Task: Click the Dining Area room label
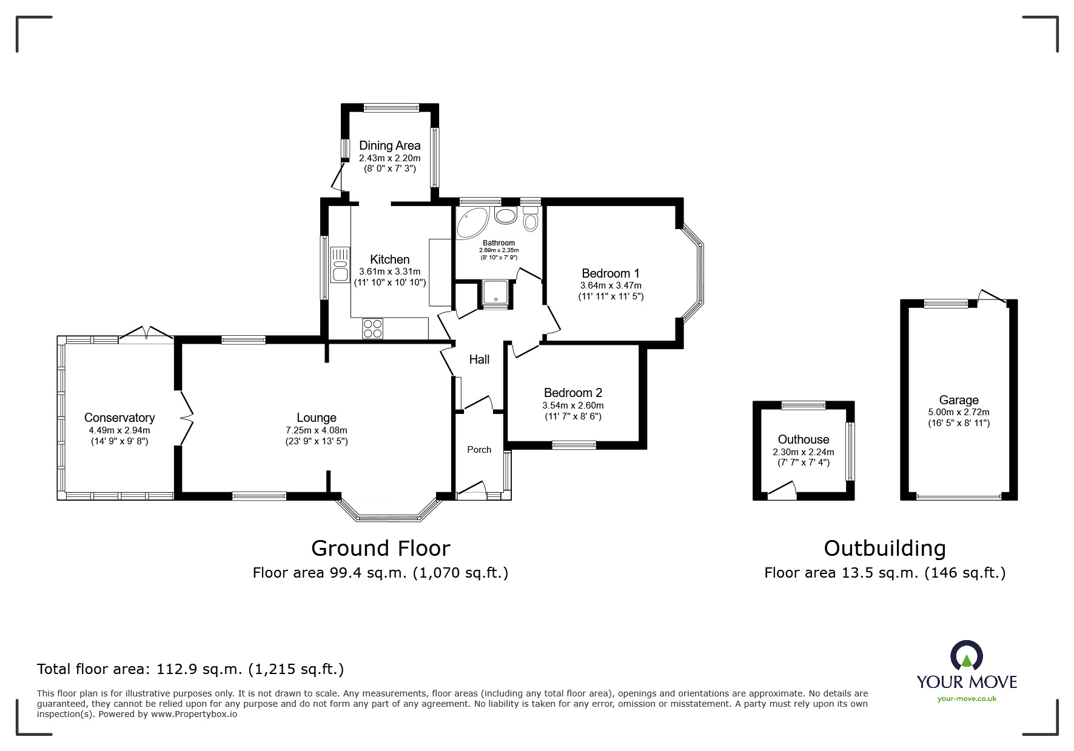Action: [389, 145]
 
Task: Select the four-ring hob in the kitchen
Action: [372, 328]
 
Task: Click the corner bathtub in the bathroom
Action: [471, 222]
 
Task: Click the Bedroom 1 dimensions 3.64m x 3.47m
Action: [611, 285]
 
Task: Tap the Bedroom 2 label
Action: [572, 393]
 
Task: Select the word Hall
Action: [479, 359]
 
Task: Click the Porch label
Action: [479, 450]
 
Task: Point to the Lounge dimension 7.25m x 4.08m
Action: [317, 430]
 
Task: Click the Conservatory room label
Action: [119, 418]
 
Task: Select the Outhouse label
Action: [804, 439]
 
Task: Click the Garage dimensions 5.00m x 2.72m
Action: [958, 412]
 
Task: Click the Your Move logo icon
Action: [966, 655]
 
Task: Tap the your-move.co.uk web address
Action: [967, 699]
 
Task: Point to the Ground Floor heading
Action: [380, 549]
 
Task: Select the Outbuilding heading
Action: [885, 549]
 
